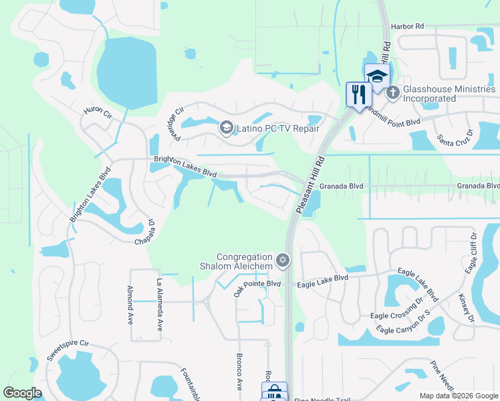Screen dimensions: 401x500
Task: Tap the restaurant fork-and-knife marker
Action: click(359, 94)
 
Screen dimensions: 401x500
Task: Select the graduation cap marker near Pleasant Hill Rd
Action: click(377, 76)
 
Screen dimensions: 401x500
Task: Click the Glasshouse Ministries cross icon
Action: click(392, 93)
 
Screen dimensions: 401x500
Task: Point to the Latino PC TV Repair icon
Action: click(226, 128)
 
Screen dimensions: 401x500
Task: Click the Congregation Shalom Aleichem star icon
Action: click(283, 259)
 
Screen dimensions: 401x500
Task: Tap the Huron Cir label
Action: click(97, 112)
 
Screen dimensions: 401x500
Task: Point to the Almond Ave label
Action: click(130, 305)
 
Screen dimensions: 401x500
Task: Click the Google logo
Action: click(22, 393)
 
